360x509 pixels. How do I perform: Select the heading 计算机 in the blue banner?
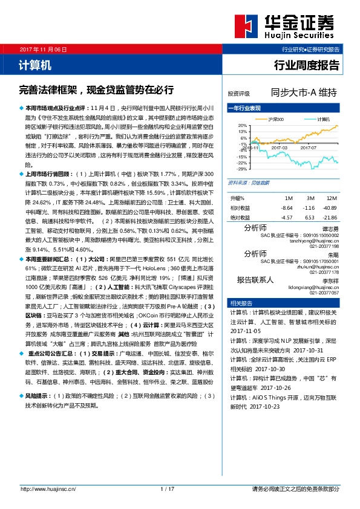(31, 64)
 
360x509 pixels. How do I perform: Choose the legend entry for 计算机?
(322, 119)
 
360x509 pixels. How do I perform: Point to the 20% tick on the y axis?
(243, 125)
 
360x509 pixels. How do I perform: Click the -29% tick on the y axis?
(242, 169)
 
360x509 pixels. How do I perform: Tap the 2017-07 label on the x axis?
(308, 147)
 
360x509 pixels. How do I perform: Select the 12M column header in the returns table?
(331, 198)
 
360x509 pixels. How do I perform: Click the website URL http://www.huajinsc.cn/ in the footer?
(47, 488)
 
